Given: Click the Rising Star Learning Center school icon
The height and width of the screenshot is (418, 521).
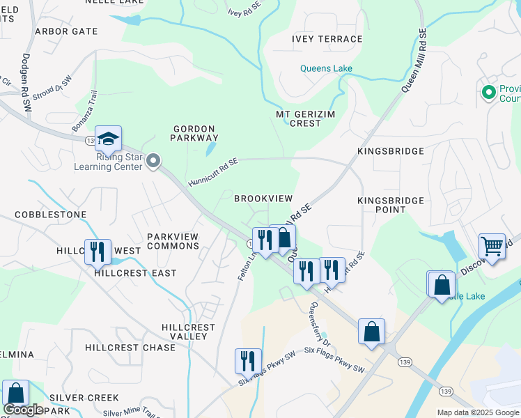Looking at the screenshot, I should pos(108,140).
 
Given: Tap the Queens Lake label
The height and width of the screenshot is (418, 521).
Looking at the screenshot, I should pos(326,68).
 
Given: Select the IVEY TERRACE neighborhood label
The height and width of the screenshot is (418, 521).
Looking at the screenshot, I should pos(327,39).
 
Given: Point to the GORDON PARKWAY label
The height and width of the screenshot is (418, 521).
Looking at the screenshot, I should pos(196,133).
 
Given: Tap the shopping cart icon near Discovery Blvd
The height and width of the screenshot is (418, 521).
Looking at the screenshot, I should pos(492,247).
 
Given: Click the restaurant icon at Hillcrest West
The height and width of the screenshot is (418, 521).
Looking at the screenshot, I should pos(98,251).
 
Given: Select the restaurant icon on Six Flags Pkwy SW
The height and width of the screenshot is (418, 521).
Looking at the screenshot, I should pos(248,362).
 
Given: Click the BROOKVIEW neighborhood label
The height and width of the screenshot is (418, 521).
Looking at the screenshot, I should pos(263,199).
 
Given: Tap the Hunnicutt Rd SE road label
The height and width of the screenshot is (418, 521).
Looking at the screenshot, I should pos(212,172).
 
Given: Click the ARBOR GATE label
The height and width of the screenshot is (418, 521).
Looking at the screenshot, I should pos(65,31).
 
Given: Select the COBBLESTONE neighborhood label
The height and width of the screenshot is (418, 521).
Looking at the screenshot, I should pos(51,215).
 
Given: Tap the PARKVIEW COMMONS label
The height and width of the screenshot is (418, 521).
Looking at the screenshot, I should pos(173,241).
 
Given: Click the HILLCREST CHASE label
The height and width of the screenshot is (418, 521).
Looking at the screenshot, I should pos(130,347).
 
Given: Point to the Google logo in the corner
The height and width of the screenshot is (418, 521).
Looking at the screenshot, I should pos(23,410).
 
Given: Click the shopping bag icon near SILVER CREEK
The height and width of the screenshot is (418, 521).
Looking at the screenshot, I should pos(15,394).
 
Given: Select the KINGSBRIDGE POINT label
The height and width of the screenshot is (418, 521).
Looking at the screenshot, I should pos(391,205).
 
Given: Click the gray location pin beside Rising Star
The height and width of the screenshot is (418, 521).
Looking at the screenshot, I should pos(155,162).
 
